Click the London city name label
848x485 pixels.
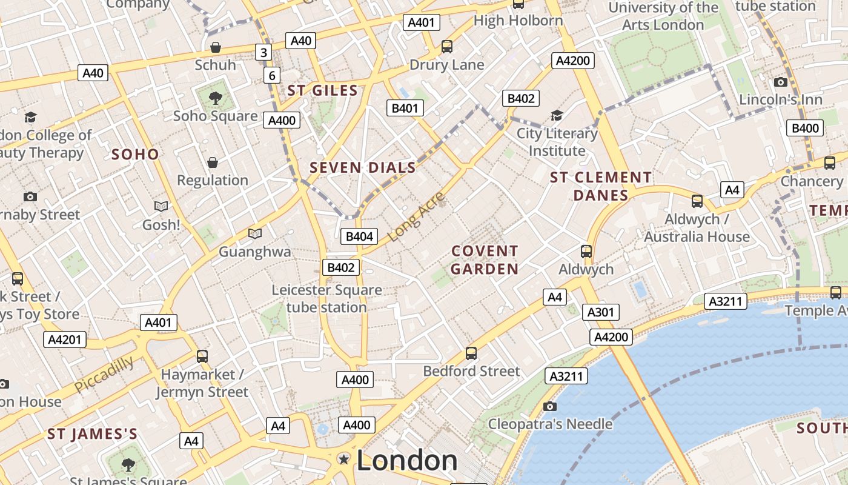click(x=407, y=460)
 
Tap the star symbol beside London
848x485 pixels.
click(x=344, y=459)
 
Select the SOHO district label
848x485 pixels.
click(x=135, y=154)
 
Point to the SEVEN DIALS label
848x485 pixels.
click(x=363, y=168)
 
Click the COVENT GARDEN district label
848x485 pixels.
click(x=485, y=259)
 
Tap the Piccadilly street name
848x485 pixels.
click(x=104, y=374)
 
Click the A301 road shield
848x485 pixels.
click(x=601, y=312)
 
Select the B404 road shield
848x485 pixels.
click(x=359, y=236)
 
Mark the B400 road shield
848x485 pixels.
click(x=805, y=128)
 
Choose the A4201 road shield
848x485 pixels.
click(x=64, y=339)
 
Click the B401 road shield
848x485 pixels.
click(x=405, y=109)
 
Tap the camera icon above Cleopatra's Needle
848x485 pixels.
click(x=550, y=406)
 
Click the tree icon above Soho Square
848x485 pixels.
click(x=215, y=98)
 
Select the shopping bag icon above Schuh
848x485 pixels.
click(x=215, y=47)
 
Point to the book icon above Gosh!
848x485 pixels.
click(x=161, y=207)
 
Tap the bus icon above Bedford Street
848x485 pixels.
click(x=471, y=353)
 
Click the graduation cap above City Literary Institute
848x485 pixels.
click(x=557, y=115)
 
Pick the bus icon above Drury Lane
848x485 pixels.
click(x=447, y=47)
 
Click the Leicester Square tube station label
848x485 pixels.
click(x=326, y=298)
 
